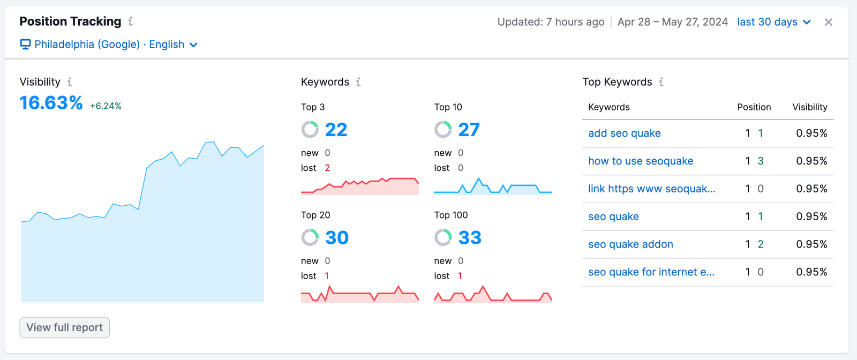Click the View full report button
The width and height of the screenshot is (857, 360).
[x=64, y=327]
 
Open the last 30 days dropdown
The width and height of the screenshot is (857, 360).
[x=773, y=22]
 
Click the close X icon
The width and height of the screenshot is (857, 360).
[x=828, y=22]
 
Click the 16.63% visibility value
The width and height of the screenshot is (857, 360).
[x=51, y=103]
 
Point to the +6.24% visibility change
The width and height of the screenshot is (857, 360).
[x=106, y=106]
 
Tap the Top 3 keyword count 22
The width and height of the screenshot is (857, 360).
[x=336, y=130]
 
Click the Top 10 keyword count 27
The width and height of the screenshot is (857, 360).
[x=469, y=130]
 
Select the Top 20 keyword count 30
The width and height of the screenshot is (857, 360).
[x=336, y=237]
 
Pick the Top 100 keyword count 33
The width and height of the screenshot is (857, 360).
[x=470, y=237]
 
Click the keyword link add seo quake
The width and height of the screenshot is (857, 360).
[x=624, y=133]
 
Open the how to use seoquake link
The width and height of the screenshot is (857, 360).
[x=641, y=161]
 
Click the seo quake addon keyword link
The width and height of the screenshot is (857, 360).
[x=630, y=244]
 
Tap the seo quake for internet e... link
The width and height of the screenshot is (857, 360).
[x=651, y=272]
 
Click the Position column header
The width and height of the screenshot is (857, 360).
[x=754, y=107]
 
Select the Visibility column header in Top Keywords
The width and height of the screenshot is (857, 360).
[x=810, y=107]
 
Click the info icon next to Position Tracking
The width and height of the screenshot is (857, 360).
[x=130, y=21]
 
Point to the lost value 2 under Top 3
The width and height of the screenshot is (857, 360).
[x=327, y=168]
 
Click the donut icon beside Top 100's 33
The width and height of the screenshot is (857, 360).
[x=443, y=237]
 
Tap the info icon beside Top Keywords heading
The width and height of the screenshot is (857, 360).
[x=661, y=82]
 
